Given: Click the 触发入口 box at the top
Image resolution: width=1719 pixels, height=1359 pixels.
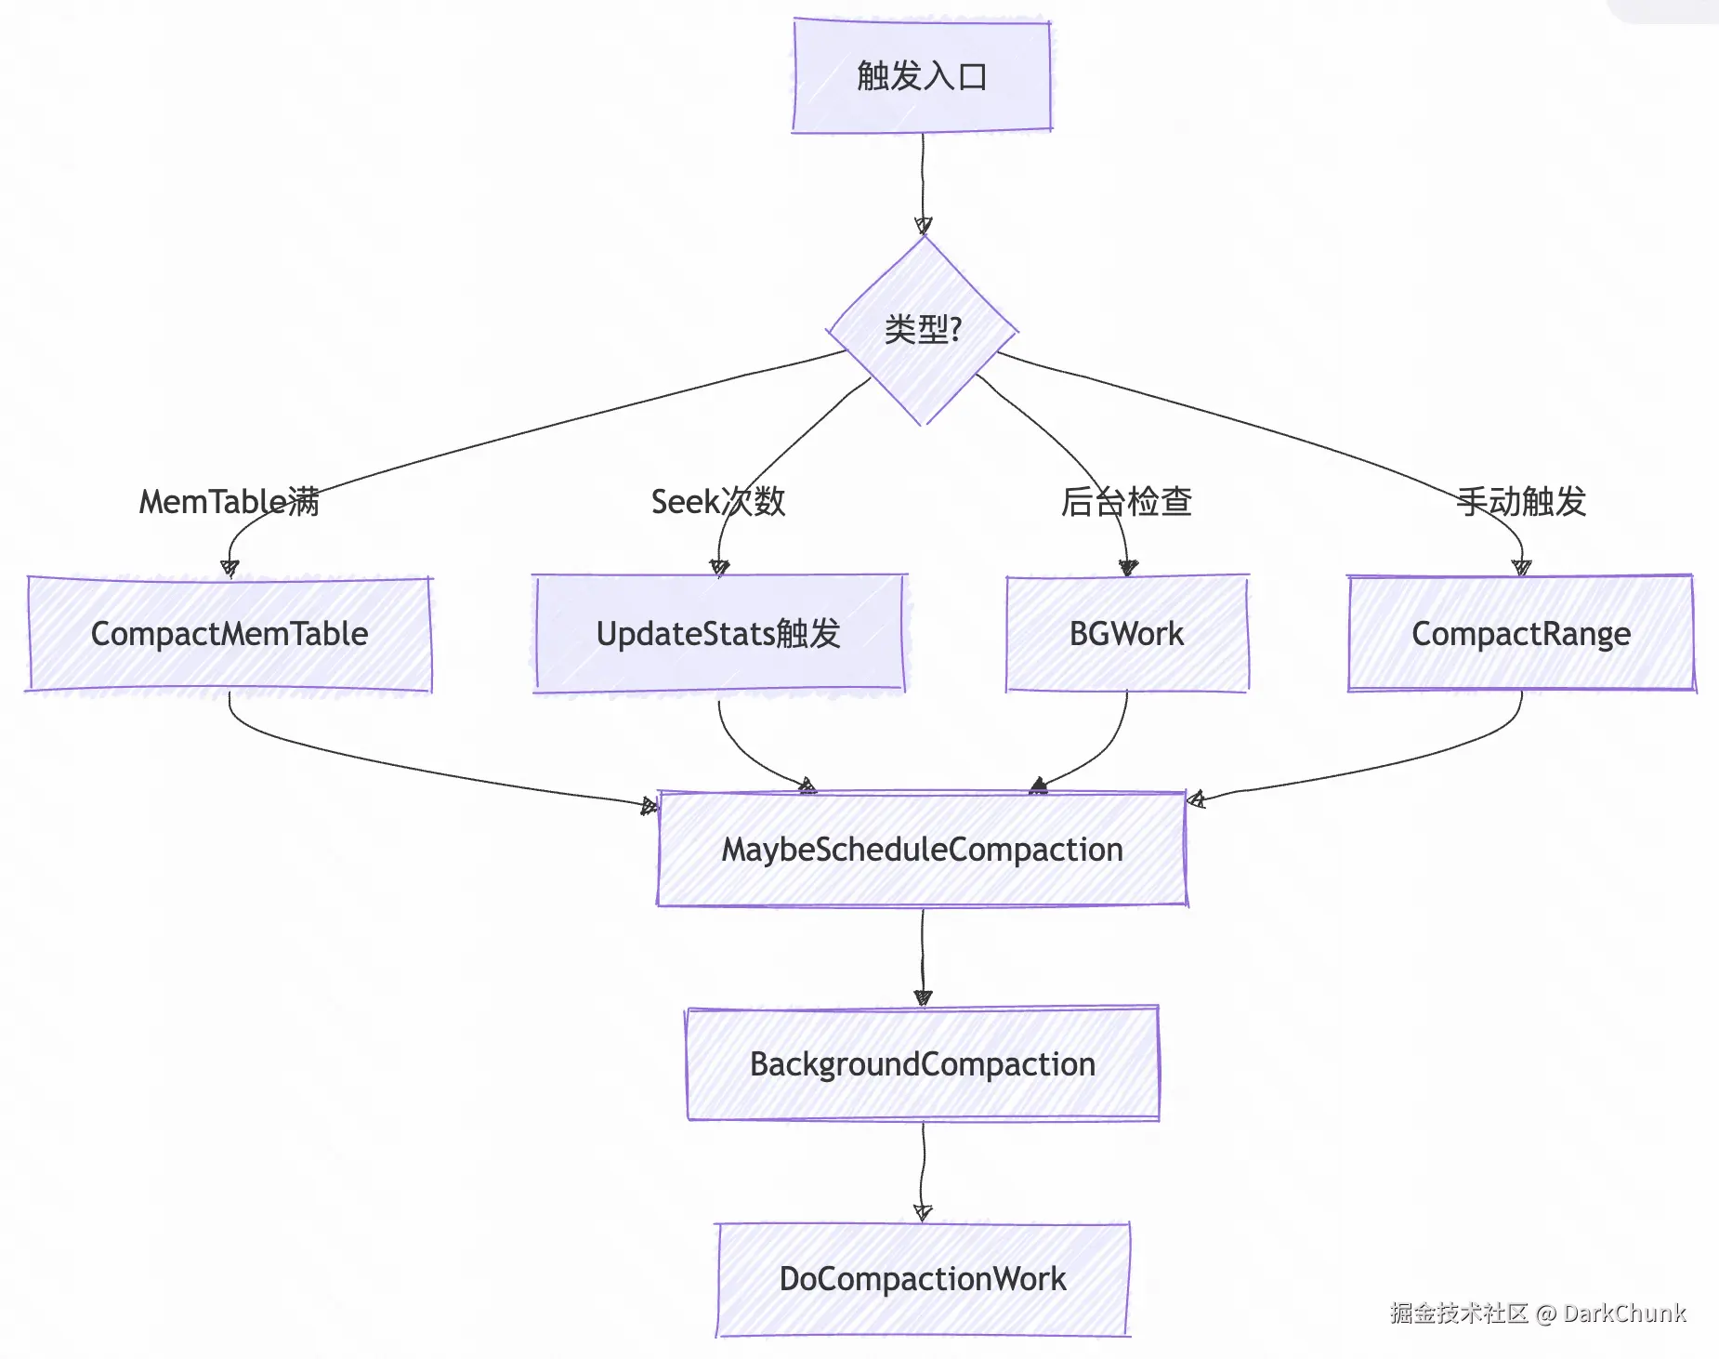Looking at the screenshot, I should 922,76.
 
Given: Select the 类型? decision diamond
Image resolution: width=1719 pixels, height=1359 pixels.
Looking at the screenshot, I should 923,330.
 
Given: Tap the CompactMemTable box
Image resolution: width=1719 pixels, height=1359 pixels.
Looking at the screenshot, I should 230,634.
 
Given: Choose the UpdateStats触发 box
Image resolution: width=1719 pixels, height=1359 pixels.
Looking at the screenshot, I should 718,634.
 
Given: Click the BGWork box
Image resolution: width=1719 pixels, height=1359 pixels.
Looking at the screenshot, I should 1126,634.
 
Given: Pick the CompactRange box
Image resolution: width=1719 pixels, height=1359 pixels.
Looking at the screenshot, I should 1521,634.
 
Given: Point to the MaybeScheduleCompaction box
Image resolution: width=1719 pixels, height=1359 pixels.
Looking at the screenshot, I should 922,850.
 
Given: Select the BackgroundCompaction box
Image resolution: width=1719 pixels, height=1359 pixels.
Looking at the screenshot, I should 922,1064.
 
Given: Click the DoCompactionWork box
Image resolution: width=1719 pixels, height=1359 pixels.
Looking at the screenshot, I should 922,1279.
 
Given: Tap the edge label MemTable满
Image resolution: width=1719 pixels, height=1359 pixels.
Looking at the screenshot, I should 230,502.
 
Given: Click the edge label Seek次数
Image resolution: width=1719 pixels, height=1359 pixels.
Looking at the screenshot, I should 718,502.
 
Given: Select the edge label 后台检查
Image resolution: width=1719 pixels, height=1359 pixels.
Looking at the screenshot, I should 1126,502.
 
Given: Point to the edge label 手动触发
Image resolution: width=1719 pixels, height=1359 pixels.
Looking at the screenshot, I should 1521,502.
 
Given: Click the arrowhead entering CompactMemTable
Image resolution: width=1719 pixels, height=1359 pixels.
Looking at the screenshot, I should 230,568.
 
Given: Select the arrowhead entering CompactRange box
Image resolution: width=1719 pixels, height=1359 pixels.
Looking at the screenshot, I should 1521,567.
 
